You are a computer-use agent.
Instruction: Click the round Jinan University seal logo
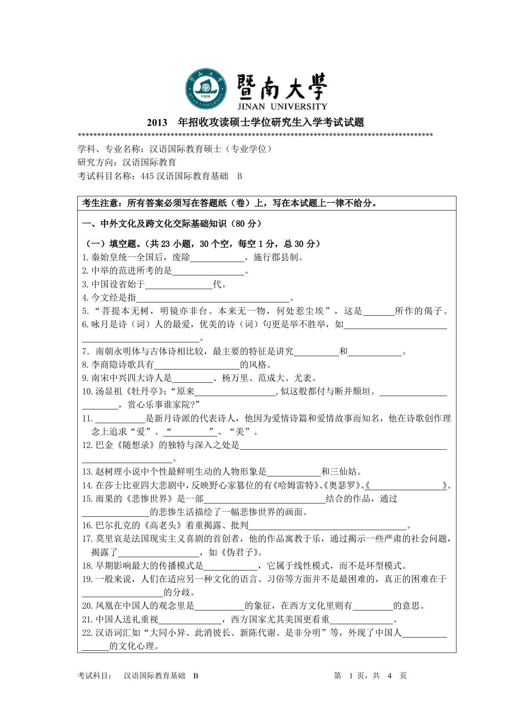pyautogui.click(x=206, y=88)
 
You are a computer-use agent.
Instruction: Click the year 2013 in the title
pyautogui.click(x=157, y=123)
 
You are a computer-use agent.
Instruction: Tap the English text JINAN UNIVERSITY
pyautogui.click(x=282, y=107)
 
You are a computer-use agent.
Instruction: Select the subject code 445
pyautogui.click(x=147, y=176)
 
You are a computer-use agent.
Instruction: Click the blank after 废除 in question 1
pyautogui.click(x=216, y=258)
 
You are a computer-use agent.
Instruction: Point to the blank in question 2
pyautogui.click(x=208, y=271)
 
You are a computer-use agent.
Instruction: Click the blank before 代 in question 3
pyautogui.click(x=179, y=284)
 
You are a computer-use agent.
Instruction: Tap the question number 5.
pyautogui.click(x=85, y=311)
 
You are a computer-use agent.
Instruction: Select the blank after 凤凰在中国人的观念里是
pyautogui.click(x=219, y=606)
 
